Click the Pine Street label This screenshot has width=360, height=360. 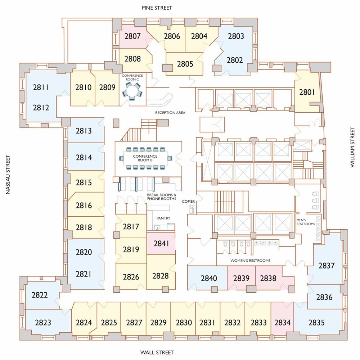point(157,8)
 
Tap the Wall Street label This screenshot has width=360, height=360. point(157,352)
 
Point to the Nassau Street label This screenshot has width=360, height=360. point(8,175)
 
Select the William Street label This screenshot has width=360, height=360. point(352,147)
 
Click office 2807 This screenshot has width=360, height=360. point(132,36)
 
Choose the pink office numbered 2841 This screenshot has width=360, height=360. point(161,243)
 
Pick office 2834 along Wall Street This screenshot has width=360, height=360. point(282,322)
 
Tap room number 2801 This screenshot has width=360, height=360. point(307,92)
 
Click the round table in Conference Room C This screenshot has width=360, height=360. point(132,91)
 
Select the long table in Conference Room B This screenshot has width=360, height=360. point(145,158)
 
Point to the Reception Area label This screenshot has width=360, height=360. point(170,113)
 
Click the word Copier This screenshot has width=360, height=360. point(188,201)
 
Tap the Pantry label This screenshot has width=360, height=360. point(163,218)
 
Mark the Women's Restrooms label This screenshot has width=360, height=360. point(250,261)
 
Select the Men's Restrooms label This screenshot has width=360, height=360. point(306,222)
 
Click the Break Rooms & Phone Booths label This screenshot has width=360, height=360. point(162,197)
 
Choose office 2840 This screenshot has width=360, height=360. point(209,278)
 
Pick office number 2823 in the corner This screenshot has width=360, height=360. point(43,322)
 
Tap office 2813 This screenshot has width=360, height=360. point(84,131)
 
